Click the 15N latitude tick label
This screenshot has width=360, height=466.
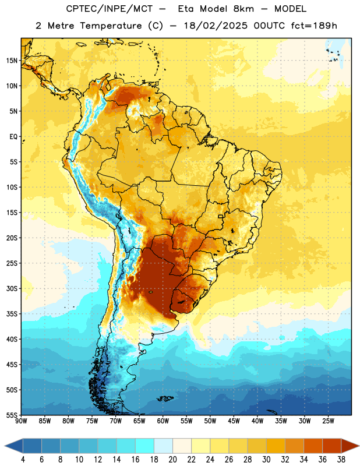point(12,61)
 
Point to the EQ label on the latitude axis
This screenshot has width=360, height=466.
point(13,137)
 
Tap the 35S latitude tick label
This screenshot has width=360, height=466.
point(12,314)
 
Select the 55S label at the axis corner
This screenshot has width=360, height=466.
point(12,415)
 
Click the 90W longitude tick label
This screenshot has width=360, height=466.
point(21,421)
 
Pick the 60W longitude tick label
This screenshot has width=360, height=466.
point(163,421)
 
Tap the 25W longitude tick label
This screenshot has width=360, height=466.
point(328,421)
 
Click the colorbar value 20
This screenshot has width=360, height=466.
point(172,460)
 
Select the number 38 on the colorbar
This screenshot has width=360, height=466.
point(341,460)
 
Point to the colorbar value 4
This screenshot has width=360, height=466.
point(23,460)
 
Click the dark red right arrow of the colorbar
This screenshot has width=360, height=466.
point(350,446)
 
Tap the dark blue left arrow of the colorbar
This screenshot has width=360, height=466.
point(14,446)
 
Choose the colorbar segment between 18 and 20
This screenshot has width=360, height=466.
point(163,446)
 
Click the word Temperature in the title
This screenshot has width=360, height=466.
point(111,26)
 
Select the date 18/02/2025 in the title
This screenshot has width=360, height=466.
point(215,26)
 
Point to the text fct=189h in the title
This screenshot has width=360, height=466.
point(314,26)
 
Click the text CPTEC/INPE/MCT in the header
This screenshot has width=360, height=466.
point(109,9)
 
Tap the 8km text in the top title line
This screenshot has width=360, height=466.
point(243,9)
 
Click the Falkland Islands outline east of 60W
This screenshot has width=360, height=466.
point(165,398)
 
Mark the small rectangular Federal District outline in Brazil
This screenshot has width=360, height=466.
point(221,216)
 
